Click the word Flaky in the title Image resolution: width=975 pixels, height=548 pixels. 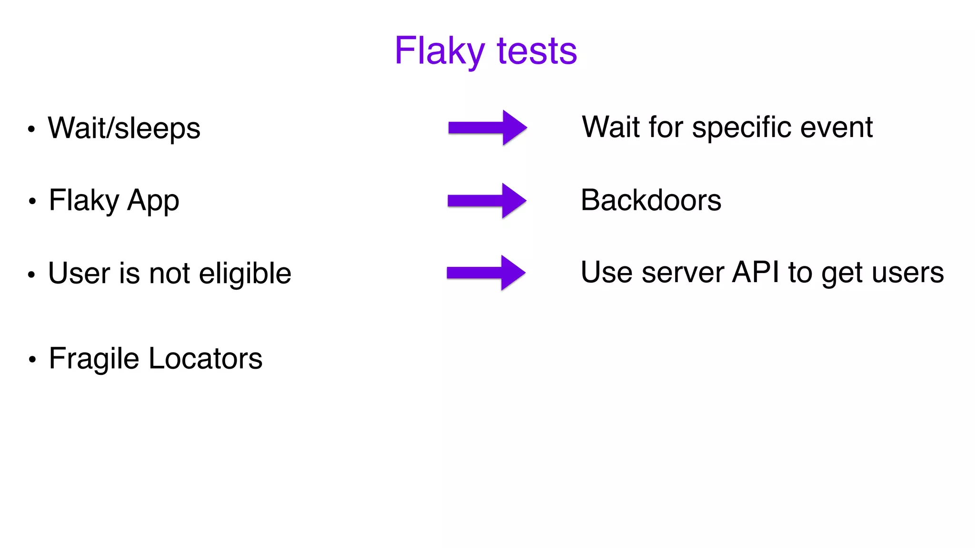click(439, 51)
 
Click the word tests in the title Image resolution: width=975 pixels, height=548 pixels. click(537, 51)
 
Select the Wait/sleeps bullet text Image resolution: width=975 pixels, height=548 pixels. click(124, 128)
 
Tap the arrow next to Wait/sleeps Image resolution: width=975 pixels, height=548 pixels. click(487, 127)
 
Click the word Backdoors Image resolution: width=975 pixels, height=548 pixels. click(651, 200)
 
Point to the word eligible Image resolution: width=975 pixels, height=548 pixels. click(245, 274)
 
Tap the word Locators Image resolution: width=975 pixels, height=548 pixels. click(205, 359)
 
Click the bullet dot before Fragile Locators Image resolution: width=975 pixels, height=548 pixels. click(32, 360)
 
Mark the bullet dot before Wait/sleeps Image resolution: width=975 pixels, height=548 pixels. click(31, 129)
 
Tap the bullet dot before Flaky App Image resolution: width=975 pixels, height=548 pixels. click(32, 201)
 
